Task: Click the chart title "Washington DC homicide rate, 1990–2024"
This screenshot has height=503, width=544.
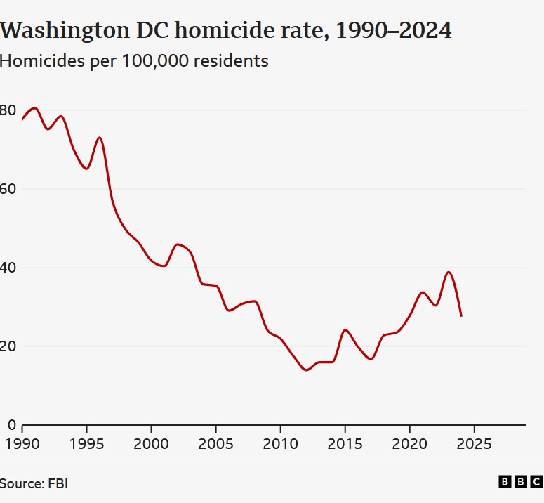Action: click(225, 31)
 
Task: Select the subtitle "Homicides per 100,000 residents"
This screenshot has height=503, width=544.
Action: click(134, 61)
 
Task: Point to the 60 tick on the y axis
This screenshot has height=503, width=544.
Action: click(8, 189)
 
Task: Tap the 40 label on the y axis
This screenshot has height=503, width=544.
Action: click(8, 268)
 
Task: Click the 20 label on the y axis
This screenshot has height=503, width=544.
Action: click(8, 346)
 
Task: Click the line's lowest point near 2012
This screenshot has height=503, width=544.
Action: click(306, 370)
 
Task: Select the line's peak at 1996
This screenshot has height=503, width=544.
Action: click(100, 138)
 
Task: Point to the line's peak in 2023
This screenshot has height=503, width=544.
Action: click(449, 272)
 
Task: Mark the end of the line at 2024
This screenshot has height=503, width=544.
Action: click(461, 315)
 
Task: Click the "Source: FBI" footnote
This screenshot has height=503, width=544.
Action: click(34, 483)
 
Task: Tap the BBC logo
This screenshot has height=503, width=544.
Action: click(520, 482)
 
